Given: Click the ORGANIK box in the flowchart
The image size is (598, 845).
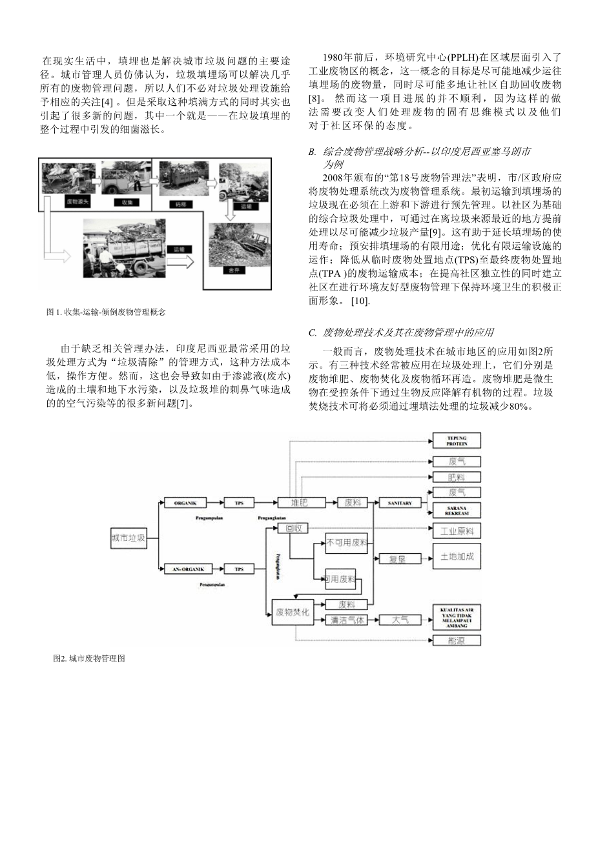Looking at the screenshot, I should (184, 502).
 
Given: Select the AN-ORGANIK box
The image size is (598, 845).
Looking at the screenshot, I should (184, 569).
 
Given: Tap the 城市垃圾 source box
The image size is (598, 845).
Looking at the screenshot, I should (128, 536).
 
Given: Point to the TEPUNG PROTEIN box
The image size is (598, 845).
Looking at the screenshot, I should (457, 442).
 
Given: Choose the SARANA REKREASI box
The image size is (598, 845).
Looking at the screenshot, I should (457, 511).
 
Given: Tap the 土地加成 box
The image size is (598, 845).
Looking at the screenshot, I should (457, 556).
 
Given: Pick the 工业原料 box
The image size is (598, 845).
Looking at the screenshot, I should (457, 531).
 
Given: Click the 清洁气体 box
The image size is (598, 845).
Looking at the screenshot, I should (347, 620).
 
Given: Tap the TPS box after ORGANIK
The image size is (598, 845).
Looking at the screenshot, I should (240, 502).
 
